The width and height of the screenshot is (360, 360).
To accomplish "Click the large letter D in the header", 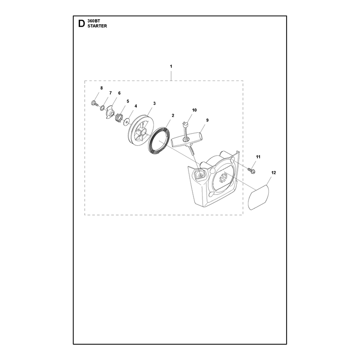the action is tap(81, 23).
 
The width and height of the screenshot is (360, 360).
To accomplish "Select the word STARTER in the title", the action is tap(97, 26).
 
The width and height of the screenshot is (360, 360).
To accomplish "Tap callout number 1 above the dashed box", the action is tap(171, 66).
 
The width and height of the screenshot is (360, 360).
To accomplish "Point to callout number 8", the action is tap(102, 88).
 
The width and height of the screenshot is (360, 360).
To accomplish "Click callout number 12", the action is tap(274, 173).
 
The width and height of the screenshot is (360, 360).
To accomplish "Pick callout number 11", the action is tap(258, 157).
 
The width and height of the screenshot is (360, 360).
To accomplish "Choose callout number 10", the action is tap(194, 110).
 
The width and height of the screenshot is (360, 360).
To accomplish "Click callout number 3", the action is tap(154, 103).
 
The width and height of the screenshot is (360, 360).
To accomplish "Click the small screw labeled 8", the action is tap(94, 103).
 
